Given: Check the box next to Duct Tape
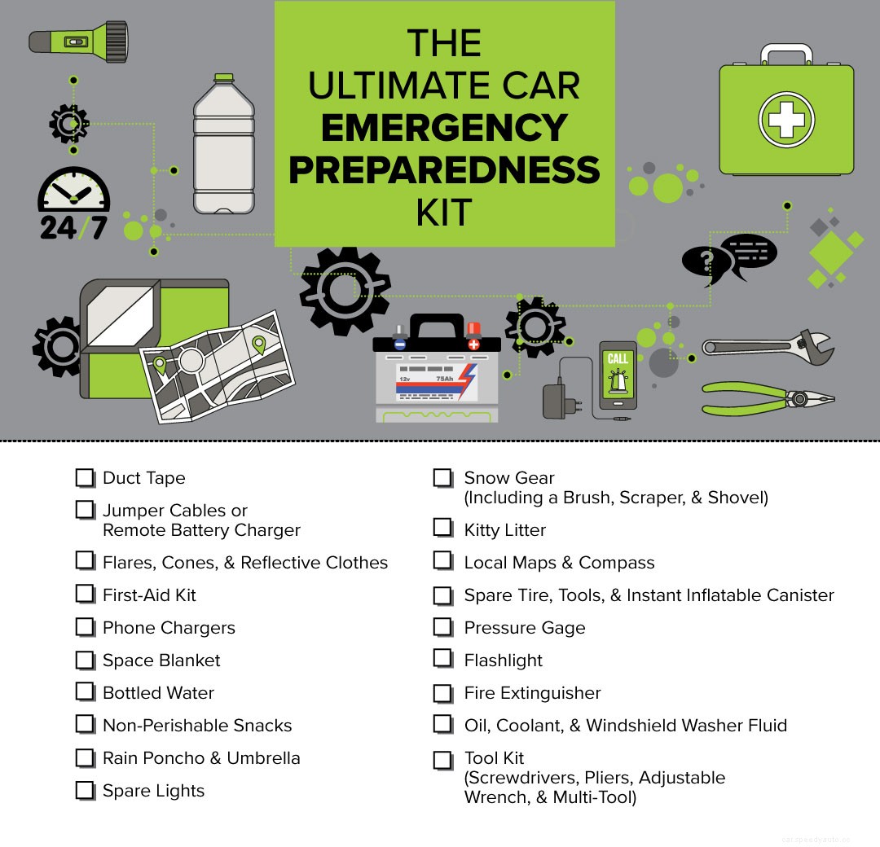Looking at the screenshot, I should pos(85,478).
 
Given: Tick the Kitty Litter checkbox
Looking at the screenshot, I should pos(442,528).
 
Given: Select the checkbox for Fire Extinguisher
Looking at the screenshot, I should pos(442,693).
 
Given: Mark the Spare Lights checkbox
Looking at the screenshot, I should pos(85,790).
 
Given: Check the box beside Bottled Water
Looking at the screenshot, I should pos(85,692).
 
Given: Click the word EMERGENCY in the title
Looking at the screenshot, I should pos(444,128).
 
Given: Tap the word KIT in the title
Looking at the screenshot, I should pos(444,213).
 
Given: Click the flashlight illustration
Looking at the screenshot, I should pos(78,42).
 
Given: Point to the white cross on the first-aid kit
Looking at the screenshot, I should pos(786,119).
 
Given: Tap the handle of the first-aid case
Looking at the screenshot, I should pos(786,53).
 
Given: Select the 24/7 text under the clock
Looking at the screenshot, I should pos(73,227).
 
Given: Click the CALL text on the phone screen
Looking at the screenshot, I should pos(618,359).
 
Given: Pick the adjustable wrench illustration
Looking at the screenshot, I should pos(766,345).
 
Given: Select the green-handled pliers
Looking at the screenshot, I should pos(766,398).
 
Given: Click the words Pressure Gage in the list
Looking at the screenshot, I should pos(524,628).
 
